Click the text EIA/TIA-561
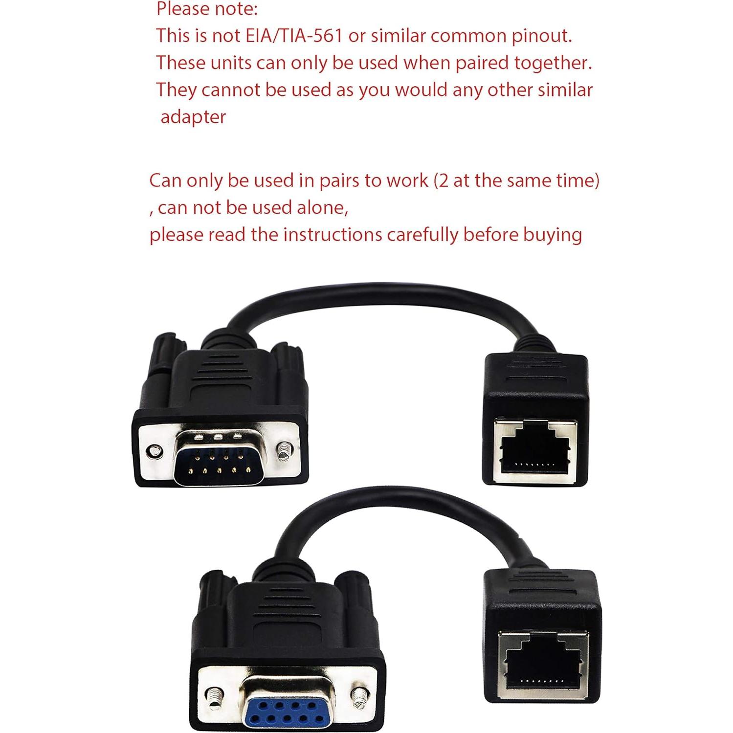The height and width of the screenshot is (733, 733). pos(293,36)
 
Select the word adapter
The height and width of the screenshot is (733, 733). pos(193,117)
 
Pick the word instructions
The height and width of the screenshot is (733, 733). pos(333,235)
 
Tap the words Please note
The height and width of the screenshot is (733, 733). pos(207,9)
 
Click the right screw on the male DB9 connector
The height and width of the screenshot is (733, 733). pos(284,450)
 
